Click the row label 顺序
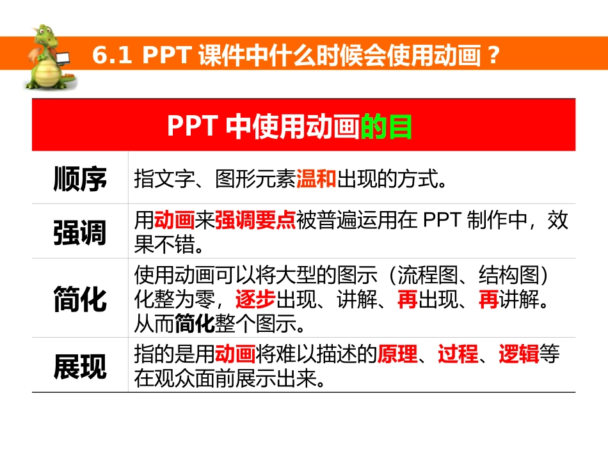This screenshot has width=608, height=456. (80, 180)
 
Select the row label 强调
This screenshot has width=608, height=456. (80, 233)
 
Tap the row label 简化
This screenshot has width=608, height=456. (80, 299)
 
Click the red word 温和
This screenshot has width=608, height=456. (316, 180)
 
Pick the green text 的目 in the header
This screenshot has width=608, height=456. (387, 127)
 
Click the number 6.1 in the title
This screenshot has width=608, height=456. (111, 56)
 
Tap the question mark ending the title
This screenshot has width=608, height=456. (492, 56)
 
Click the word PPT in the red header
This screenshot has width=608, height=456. (194, 127)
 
